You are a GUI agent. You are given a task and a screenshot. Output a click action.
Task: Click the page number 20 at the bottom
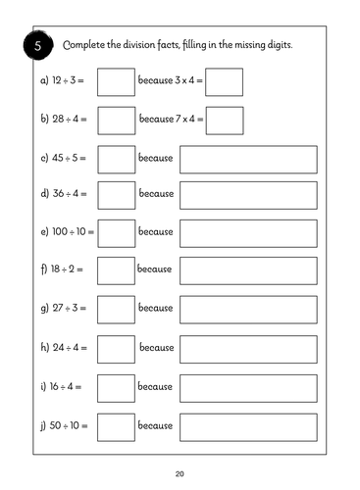point(180,473)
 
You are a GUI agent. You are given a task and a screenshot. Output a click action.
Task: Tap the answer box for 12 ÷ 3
point(117,82)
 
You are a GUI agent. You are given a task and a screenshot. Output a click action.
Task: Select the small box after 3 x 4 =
point(225,82)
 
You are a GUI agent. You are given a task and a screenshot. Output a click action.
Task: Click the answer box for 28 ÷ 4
point(117,120)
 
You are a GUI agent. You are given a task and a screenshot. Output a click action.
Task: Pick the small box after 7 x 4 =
point(225,120)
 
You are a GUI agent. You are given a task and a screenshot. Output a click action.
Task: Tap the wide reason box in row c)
point(248,158)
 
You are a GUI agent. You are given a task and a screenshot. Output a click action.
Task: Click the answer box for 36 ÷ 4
point(117,195)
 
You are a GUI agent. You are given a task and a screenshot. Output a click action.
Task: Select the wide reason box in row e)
point(248,232)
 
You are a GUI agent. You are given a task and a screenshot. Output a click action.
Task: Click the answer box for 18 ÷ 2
point(117,269)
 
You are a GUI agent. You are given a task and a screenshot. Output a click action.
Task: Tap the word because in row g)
point(155,308)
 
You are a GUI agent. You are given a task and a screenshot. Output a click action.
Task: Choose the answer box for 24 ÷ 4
point(117,347)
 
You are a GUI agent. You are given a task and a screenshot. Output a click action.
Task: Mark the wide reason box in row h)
point(248,347)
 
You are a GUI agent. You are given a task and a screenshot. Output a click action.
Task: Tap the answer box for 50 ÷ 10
point(117,426)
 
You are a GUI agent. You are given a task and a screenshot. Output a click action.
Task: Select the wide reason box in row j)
point(248,426)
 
